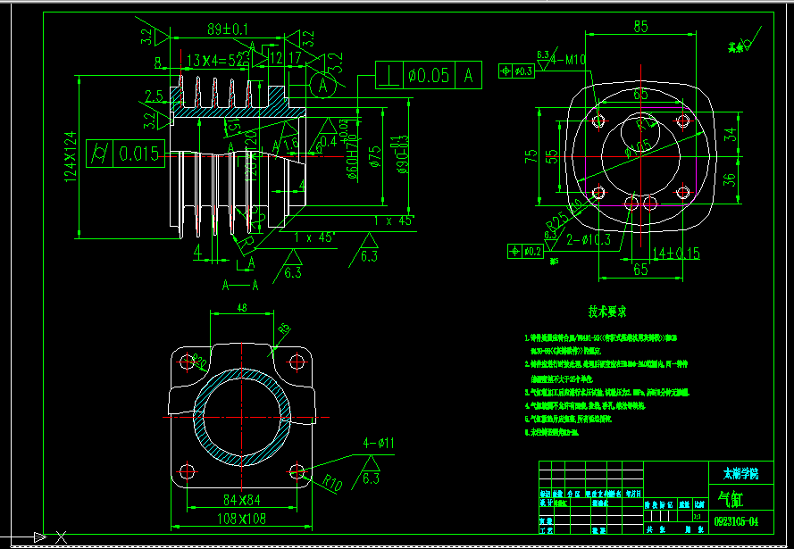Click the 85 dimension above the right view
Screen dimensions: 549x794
[x=640, y=27]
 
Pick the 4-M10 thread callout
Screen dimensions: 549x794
[x=568, y=60]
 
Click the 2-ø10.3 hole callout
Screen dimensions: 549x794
[x=589, y=239]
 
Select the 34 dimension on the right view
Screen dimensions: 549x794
[x=730, y=134]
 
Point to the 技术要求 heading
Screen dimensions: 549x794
[x=606, y=312]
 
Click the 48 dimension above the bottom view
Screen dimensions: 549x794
[x=241, y=307]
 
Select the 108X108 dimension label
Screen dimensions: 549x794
[x=240, y=518]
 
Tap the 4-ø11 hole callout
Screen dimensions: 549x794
[x=379, y=443]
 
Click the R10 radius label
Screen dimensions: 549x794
[x=332, y=486]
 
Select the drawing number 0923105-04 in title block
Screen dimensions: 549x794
[x=738, y=520]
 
